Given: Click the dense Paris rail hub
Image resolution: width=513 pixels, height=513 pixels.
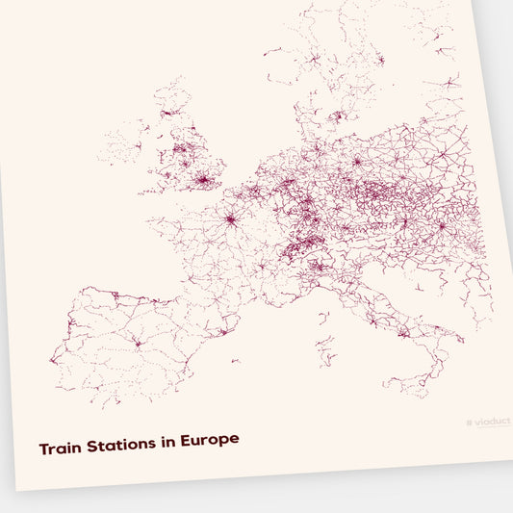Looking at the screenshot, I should [x=231, y=218].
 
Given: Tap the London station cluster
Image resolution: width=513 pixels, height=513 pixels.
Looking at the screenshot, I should [x=203, y=178].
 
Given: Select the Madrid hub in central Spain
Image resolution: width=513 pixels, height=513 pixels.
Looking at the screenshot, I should [x=137, y=343].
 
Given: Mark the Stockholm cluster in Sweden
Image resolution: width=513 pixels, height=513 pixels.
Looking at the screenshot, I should [x=381, y=60].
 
